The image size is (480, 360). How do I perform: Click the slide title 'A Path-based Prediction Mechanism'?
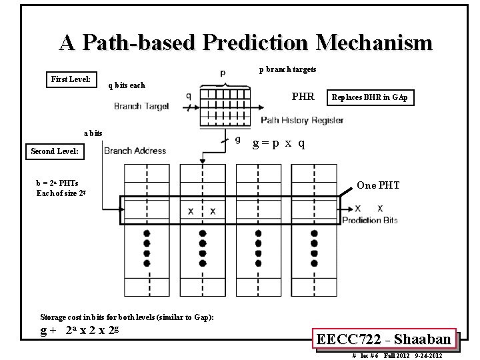(x=245, y=43)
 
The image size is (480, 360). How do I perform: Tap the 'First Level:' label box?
(x=71, y=79)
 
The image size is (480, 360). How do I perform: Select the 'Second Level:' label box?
(x=55, y=151)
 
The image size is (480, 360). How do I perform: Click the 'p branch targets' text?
(x=288, y=69)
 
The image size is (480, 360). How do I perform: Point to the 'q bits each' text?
(x=127, y=85)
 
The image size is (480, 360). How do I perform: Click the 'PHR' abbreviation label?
(x=303, y=97)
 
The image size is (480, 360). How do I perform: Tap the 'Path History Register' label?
(x=301, y=121)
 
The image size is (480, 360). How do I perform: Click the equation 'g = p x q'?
(x=279, y=143)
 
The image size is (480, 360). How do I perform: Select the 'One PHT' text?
(x=378, y=185)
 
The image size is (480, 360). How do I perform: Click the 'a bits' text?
(x=93, y=133)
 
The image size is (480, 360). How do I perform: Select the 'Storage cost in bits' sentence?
(x=127, y=316)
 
